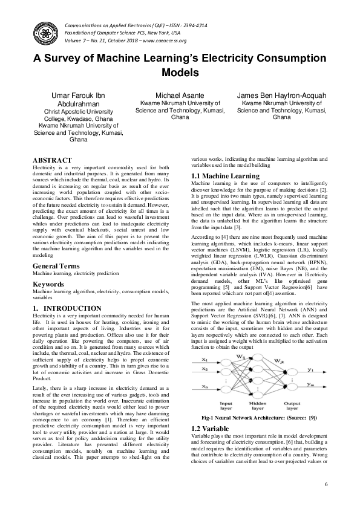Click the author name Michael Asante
(x=180, y=96)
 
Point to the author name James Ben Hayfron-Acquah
(x=282, y=96)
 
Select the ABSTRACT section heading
(x=51, y=160)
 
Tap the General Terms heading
(x=58, y=266)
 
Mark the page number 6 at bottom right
(x=326, y=485)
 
